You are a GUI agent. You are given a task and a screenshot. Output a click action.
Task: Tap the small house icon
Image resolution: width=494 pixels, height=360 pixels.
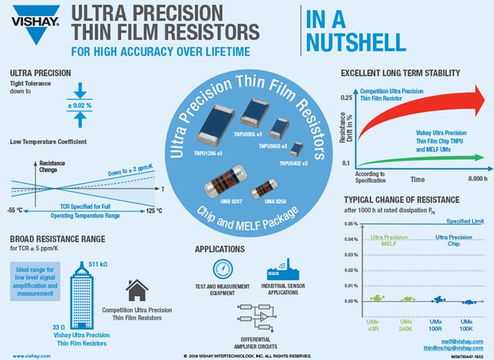click(x=137, y=290)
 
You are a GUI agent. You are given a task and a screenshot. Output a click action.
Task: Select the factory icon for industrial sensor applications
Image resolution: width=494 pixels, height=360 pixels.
click(x=279, y=270)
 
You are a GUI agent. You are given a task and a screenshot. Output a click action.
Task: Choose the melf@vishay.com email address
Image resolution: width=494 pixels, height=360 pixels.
click(x=465, y=341)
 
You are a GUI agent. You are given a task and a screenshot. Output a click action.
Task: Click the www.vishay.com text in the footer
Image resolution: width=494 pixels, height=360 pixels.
click(x=25, y=355)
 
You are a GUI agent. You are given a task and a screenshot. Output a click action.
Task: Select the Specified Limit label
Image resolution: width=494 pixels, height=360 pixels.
click(x=465, y=221)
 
